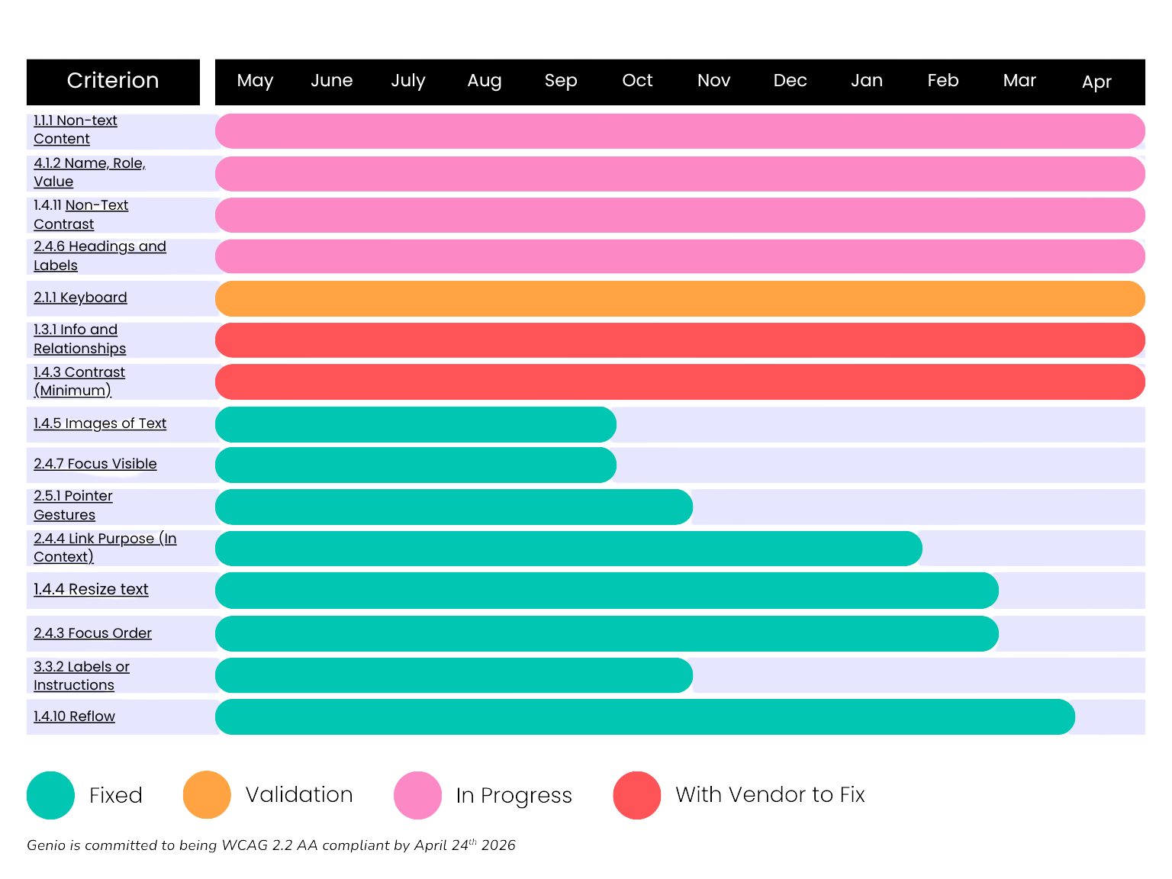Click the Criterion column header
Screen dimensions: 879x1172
pyautogui.click(x=113, y=81)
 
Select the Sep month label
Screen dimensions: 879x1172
pyautogui.click(x=561, y=81)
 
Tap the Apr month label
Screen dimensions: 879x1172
pyautogui.click(x=1096, y=82)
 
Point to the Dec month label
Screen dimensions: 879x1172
pyautogui.click(x=790, y=81)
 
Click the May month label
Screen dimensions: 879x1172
pyautogui.click(x=255, y=81)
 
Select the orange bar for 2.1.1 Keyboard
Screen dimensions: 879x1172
pyautogui.click(x=680, y=298)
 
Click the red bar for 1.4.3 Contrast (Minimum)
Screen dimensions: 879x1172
pyautogui.click(x=680, y=382)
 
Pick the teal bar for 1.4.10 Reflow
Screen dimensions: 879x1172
pyautogui.click(x=645, y=717)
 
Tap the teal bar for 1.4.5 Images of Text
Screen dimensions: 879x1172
pyautogui.click(x=416, y=425)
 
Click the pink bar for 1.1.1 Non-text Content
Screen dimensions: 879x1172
pyautogui.click(x=680, y=131)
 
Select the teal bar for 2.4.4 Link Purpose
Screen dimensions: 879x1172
pyautogui.click(x=568, y=549)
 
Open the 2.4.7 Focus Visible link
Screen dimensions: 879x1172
pyautogui.click(x=95, y=464)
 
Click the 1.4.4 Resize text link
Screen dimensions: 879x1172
pyautogui.click(x=91, y=589)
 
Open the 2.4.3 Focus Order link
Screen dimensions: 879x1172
pyautogui.click(x=92, y=633)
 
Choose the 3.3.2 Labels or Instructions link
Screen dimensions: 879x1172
pyautogui.click(x=81, y=676)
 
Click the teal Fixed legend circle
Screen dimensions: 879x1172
pyautogui.click(x=50, y=795)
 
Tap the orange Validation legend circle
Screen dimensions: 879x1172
pyautogui.click(x=207, y=795)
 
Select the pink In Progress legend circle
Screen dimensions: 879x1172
pyautogui.click(x=417, y=795)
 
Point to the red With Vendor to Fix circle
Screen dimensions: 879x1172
pyautogui.click(x=637, y=795)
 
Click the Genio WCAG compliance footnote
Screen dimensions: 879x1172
pyautogui.click(x=271, y=845)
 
